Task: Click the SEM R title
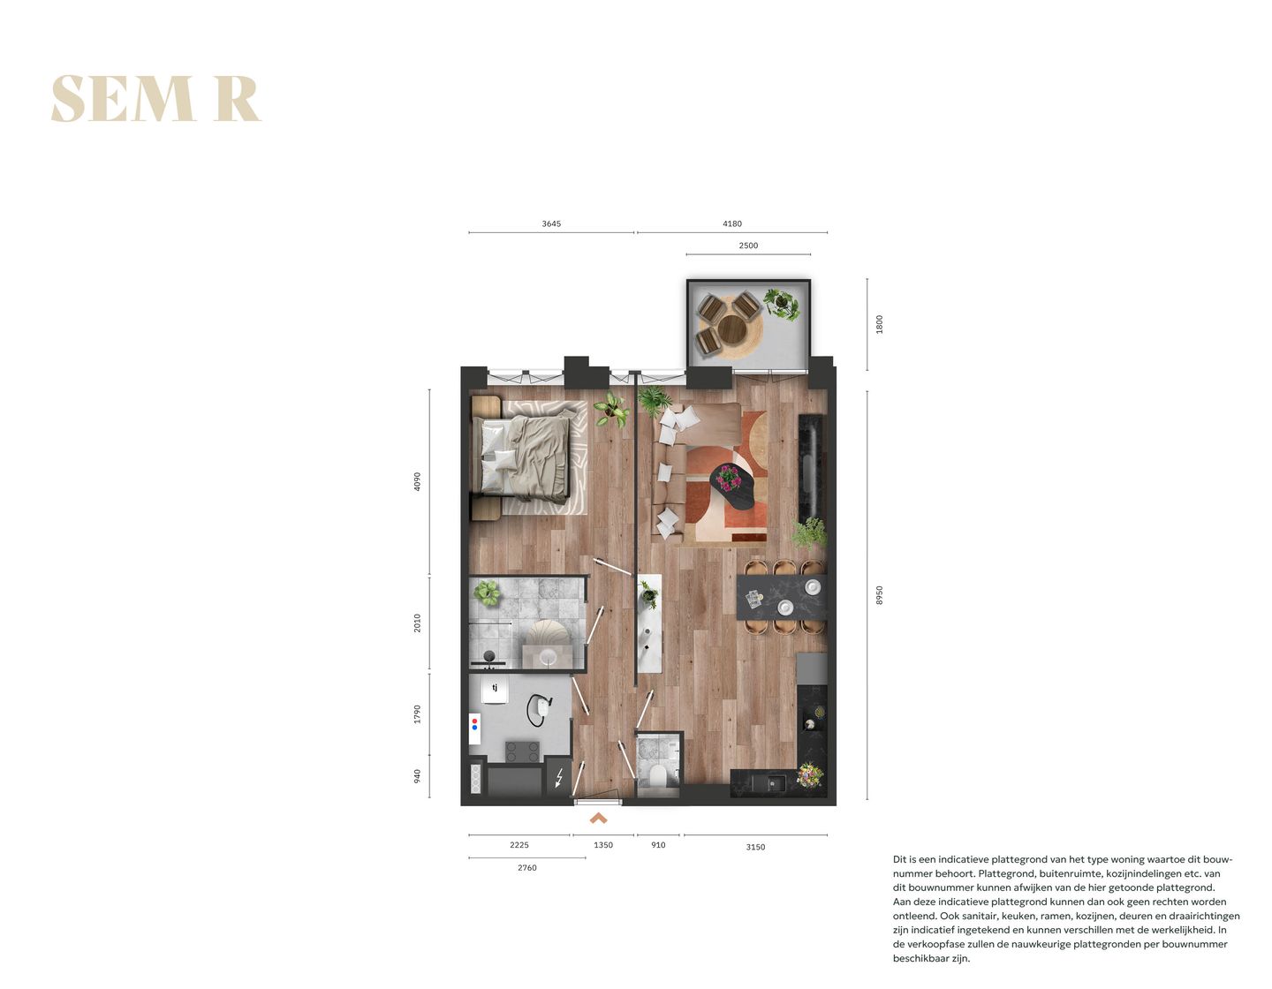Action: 155,98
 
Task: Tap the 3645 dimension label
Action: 551,224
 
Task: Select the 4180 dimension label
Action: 732,224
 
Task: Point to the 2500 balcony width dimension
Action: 748,246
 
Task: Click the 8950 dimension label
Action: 879,595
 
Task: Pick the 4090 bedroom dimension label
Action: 418,481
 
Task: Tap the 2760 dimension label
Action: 526,868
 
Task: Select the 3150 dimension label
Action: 755,847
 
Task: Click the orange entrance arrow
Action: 598,819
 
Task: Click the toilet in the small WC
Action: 657,776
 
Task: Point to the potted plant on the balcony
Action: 781,303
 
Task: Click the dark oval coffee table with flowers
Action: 732,486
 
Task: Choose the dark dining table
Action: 782,598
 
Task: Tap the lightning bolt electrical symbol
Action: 558,778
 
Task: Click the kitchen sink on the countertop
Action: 775,782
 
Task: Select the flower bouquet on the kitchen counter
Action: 809,775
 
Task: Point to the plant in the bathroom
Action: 487,593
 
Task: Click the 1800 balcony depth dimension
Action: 879,324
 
